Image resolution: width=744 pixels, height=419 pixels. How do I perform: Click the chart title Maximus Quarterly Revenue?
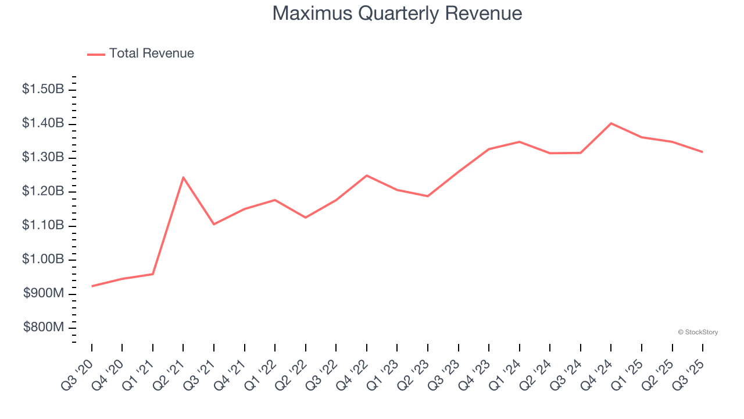[397, 13]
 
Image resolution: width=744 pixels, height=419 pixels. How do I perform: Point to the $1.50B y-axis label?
[43, 90]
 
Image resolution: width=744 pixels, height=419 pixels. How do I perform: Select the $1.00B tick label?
[43, 260]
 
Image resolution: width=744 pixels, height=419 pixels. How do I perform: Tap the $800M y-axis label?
[44, 328]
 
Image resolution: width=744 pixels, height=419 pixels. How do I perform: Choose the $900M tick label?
[44, 294]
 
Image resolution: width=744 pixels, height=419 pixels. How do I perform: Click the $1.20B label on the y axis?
[43, 191]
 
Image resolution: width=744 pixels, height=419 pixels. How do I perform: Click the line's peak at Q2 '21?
[183, 177]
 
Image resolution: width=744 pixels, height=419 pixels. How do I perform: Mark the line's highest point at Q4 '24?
[611, 123]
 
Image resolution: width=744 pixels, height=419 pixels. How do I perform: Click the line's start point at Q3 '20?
[92, 286]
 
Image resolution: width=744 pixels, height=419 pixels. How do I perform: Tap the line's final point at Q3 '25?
[702, 152]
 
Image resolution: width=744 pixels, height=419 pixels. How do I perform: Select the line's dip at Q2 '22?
[306, 218]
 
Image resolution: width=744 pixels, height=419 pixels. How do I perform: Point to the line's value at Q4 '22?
[367, 175]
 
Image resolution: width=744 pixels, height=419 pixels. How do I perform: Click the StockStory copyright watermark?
[697, 332]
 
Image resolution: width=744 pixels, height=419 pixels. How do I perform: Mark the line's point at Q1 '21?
[153, 274]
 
